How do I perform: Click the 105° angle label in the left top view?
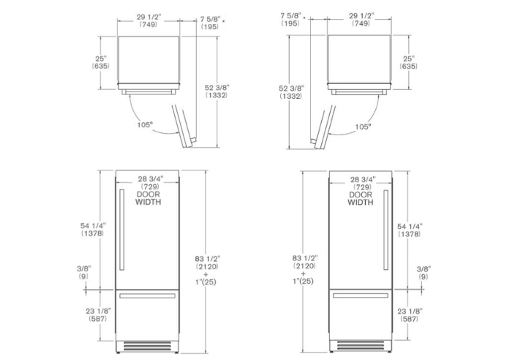pyautogui.click(x=145, y=125)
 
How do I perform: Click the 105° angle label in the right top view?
pyautogui.click(x=363, y=127)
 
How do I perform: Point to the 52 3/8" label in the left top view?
pyautogui.click(x=217, y=88)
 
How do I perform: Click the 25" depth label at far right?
pyautogui.click(x=409, y=59)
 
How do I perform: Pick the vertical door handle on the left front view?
pyautogui.click(x=122, y=230)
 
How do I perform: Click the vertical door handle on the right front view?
pyautogui.click(x=385, y=230)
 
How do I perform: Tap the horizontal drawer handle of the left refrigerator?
pyautogui.click(x=147, y=296)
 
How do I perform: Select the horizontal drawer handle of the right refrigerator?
pyautogui.click(x=361, y=295)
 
